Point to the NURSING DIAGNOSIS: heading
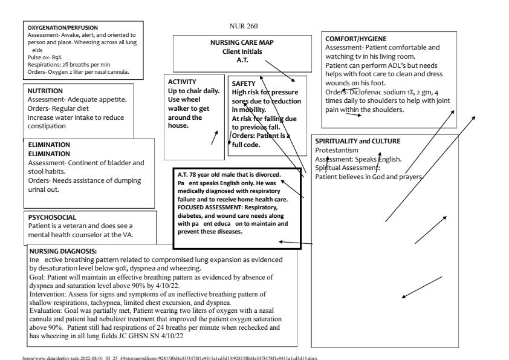(x=63, y=249)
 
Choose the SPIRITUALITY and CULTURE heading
(x=358, y=141)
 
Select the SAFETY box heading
(x=244, y=83)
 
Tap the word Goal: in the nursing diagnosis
(x=37, y=275)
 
